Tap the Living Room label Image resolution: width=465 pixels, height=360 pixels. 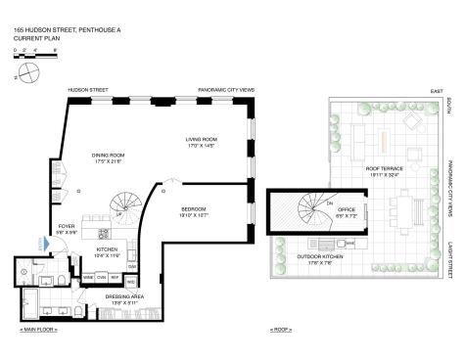[x=202, y=142]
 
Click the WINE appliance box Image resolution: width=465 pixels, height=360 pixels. [x=88, y=278]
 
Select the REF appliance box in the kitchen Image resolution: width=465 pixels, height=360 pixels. [x=115, y=278]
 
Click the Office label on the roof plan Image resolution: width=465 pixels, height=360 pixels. [x=347, y=209]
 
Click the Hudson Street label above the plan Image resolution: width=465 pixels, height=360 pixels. [x=80, y=89]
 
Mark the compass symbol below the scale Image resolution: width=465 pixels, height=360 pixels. [x=27, y=73]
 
